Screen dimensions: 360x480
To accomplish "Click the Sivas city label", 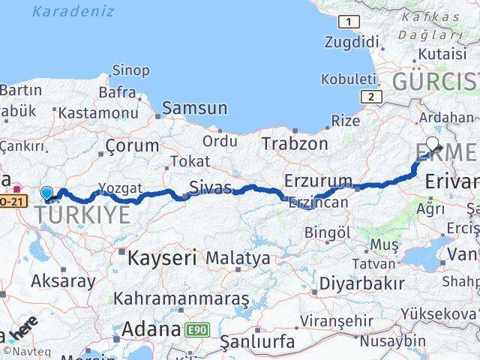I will [x=211, y=186].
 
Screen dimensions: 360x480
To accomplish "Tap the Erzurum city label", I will [x=318, y=181].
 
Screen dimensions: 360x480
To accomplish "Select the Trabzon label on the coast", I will [x=295, y=143].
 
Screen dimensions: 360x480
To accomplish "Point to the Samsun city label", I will [x=194, y=108].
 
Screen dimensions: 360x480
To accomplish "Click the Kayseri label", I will [x=162, y=259].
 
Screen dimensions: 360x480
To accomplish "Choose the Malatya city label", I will [x=238, y=259].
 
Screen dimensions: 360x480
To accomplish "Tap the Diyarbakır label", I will [x=361, y=283].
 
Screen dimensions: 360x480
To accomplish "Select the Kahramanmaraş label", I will [x=181, y=298].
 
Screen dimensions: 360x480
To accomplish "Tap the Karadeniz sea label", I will [x=73, y=11].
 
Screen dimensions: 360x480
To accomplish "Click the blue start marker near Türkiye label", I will [x=47, y=193].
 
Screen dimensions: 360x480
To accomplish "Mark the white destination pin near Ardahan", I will [x=433, y=144].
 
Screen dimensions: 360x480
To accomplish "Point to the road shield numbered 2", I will [x=370, y=97].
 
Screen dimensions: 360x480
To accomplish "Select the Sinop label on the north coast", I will [x=130, y=70].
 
